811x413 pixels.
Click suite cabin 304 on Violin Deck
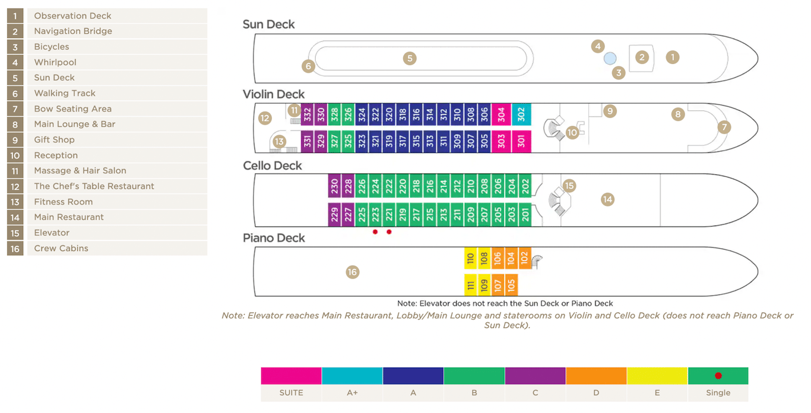(x=502, y=115)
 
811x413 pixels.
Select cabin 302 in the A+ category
(x=521, y=115)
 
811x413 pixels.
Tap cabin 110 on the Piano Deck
(x=471, y=258)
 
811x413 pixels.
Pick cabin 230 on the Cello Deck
(x=335, y=186)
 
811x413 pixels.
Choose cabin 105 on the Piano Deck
(x=511, y=285)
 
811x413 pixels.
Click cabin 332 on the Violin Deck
(x=307, y=115)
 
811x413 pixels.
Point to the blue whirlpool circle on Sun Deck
(x=610, y=58)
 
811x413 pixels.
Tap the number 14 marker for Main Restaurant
(x=607, y=199)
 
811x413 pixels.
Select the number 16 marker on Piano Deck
(x=353, y=272)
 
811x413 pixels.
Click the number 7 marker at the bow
(x=724, y=126)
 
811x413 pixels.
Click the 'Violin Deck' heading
(x=274, y=94)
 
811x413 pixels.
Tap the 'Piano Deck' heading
(x=274, y=238)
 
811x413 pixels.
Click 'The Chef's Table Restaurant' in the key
(x=94, y=186)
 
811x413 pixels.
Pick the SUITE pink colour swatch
(x=291, y=376)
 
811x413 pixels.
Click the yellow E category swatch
(x=657, y=376)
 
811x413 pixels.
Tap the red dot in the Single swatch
(x=718, y=376)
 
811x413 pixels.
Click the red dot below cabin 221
(x=389, y=232)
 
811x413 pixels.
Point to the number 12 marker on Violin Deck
(x=265, y=118)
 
